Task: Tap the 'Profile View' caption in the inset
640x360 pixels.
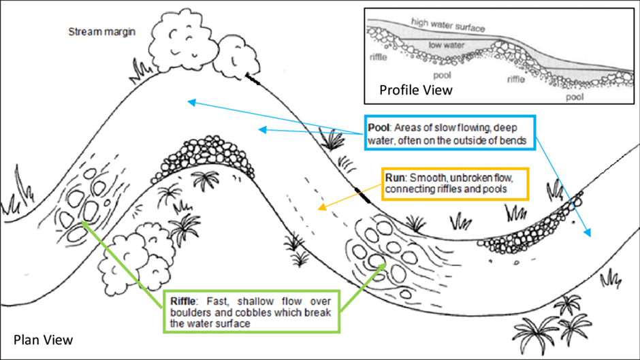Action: coord(416,90)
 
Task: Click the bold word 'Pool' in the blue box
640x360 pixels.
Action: coord(379,128)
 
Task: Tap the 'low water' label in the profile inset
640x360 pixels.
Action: coord(447,45)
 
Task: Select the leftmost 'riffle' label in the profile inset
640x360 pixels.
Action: coord(379,57)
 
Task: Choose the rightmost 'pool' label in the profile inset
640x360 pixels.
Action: coord(575,97)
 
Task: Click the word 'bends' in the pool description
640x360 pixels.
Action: coord(511,141)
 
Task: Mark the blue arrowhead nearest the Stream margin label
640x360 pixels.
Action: coord(191,101)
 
